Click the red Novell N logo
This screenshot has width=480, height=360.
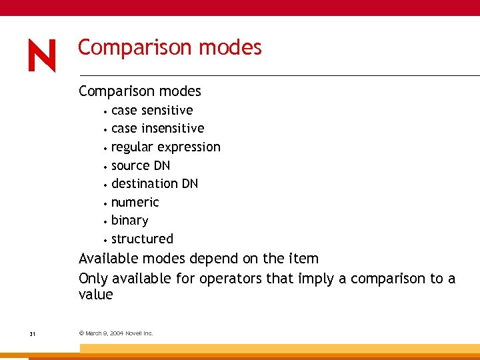click(x=42, y=56)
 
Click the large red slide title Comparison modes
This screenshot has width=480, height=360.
click(x=169, y=48)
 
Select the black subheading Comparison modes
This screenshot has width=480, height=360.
click(x=139, y=91)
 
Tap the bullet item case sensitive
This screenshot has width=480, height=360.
click(x=152, y=110)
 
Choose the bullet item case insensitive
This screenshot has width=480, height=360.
click(x=157, y=128)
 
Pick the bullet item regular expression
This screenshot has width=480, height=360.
click(x=165, y=147)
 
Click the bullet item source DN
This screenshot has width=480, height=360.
click(x=141, y=165)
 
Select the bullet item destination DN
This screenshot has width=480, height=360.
click(x=155, y=183)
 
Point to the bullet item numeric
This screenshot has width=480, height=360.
click(x=135, y=202)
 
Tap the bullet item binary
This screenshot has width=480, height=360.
click(x=129, y=220)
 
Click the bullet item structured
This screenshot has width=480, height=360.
click(x=142, y=239)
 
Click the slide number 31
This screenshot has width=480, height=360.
click(x=32, y=333)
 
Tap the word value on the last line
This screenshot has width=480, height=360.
click(x=96, y=295)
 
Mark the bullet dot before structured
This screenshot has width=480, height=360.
click(x=105, y=240)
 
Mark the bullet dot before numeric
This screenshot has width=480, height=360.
click(x=105, y=203)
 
